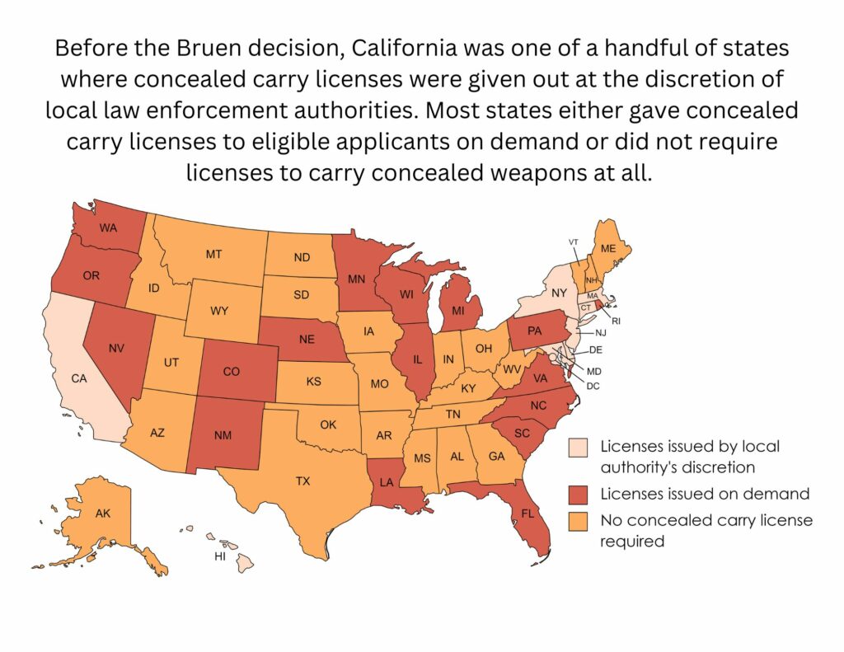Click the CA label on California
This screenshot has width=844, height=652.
pos(79,379)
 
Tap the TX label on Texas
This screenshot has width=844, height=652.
pos(302,481)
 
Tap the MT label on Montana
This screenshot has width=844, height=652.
pos(213,255)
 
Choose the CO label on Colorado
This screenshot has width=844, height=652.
pos(232,372)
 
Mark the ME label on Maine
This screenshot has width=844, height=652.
pos(608,248)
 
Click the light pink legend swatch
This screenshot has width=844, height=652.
pos(579,447)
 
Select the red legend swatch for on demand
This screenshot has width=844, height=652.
pos(579,495)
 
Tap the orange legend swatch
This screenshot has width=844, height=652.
pos(579,520)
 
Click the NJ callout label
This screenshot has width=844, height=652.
pos(601,332)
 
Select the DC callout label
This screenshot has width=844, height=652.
pos(593,386)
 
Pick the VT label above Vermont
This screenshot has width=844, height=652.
pos(574,242)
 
